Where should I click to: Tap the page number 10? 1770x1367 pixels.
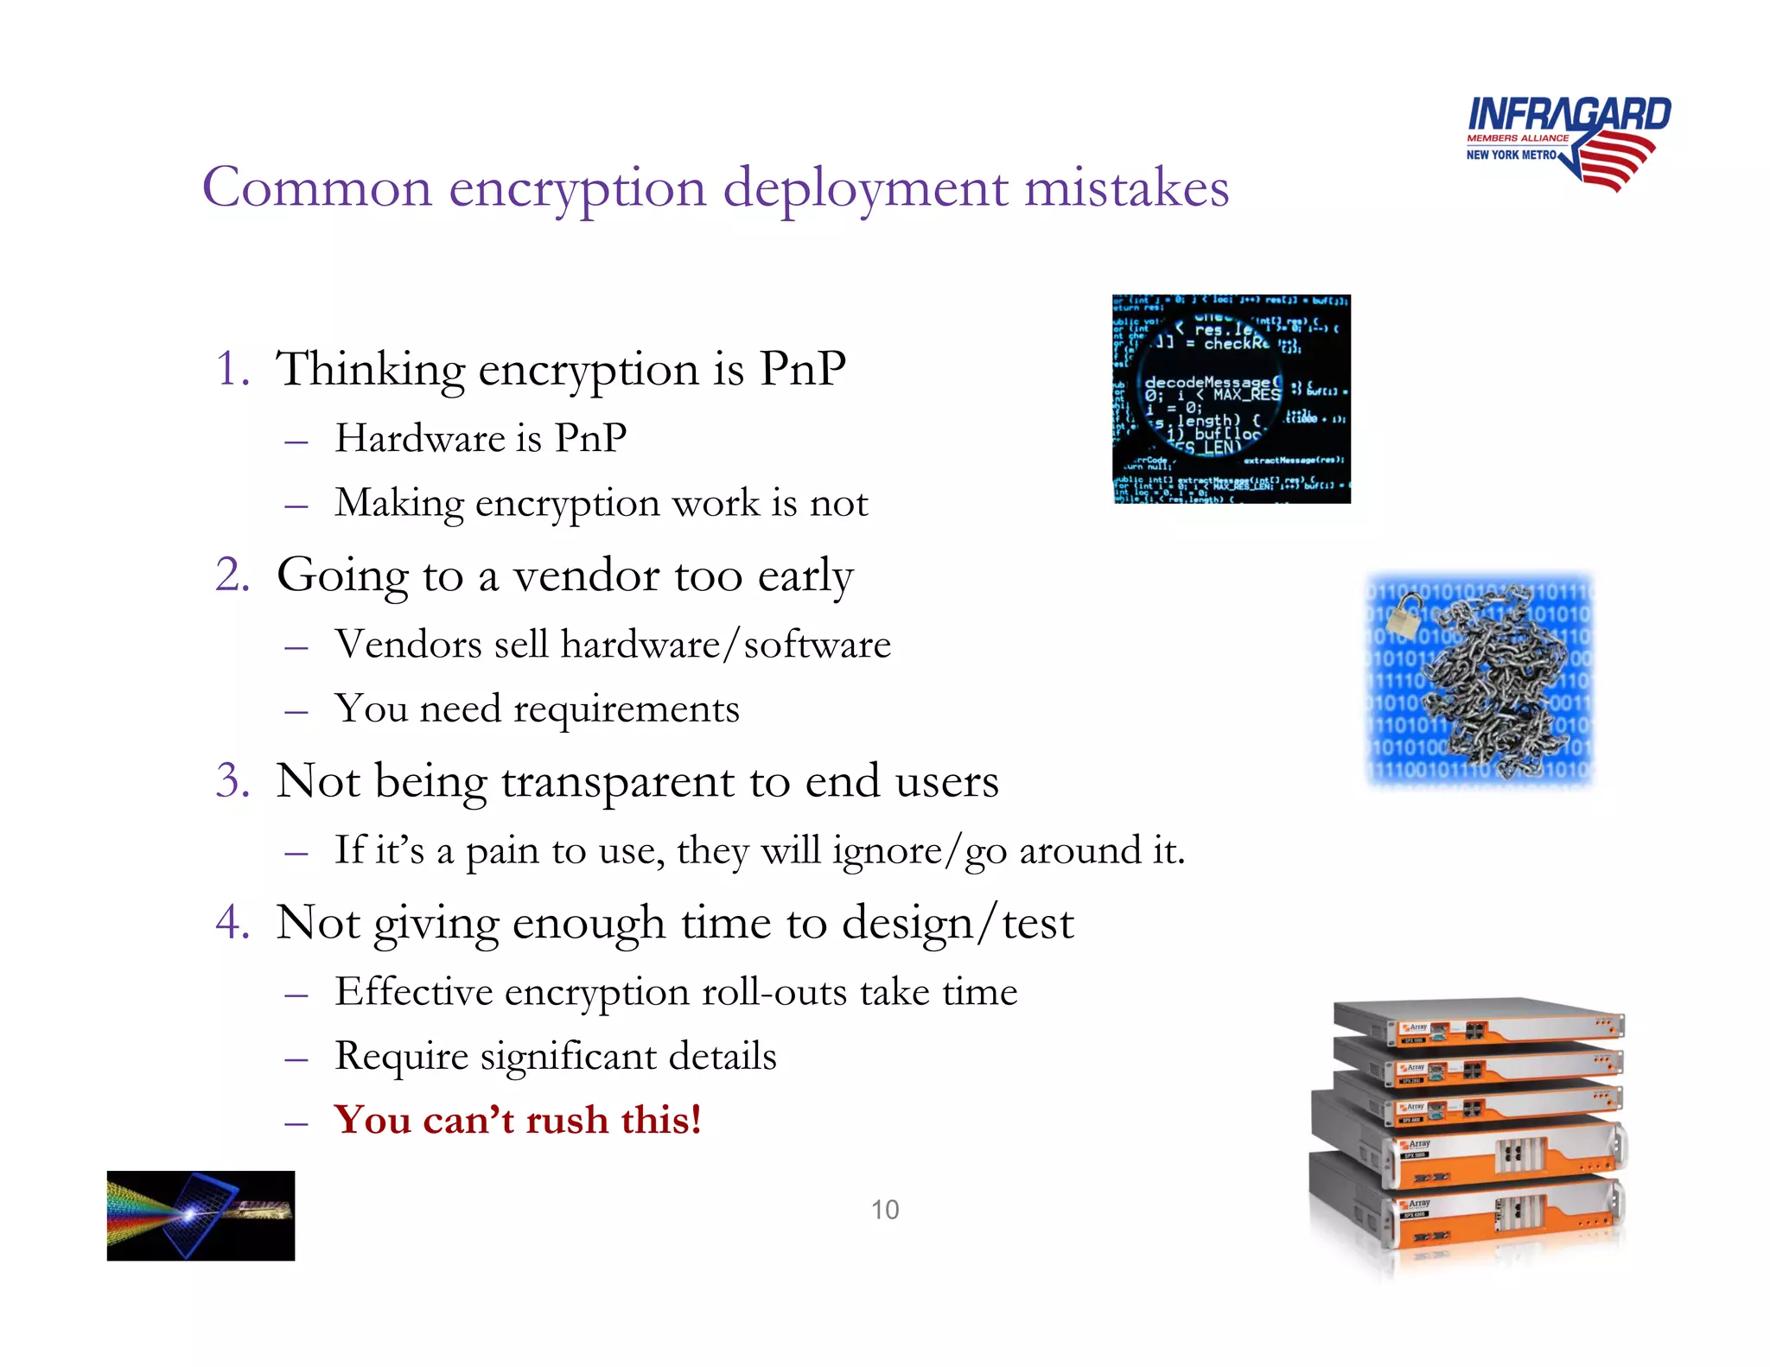point(884,1210)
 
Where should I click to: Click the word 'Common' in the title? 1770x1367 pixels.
point(317,188)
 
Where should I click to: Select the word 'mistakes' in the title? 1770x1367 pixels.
point(1126,188)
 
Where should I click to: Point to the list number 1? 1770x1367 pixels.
point(232,369)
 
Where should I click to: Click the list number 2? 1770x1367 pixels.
point(232,575)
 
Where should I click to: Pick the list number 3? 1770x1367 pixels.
point(232,781)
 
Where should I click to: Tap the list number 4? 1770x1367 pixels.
point(232,922)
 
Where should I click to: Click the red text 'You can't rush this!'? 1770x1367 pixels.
point(518,1120)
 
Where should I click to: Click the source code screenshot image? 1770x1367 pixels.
point(1231,399)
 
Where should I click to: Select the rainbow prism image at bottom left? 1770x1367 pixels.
point(201,1215)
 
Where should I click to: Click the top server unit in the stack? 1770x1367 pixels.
point(1478,1024)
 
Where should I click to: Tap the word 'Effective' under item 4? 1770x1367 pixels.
point(413,992)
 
